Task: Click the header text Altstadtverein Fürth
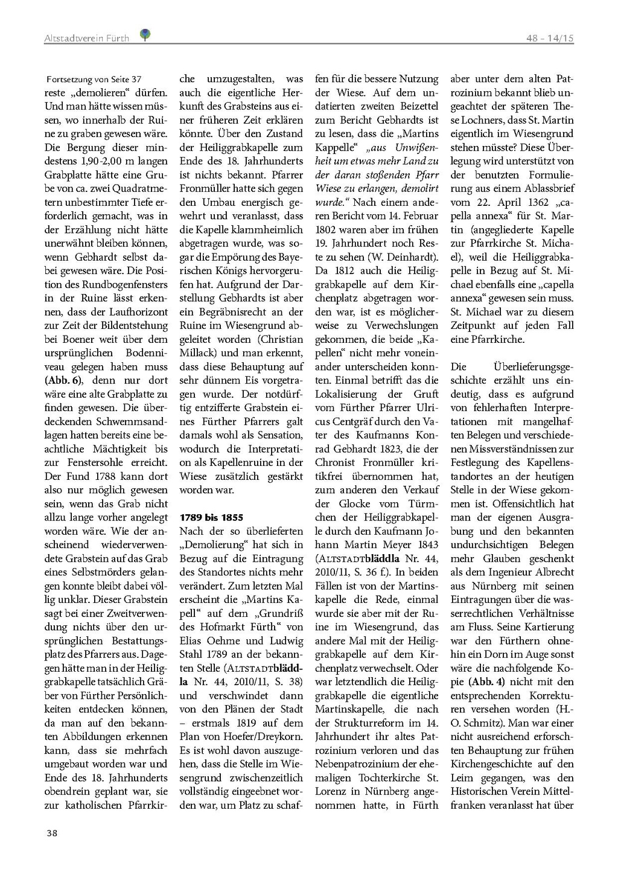pyautogui.click(x=87, y=39)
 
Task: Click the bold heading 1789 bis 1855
pyautogui.click(x=211, y=517)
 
